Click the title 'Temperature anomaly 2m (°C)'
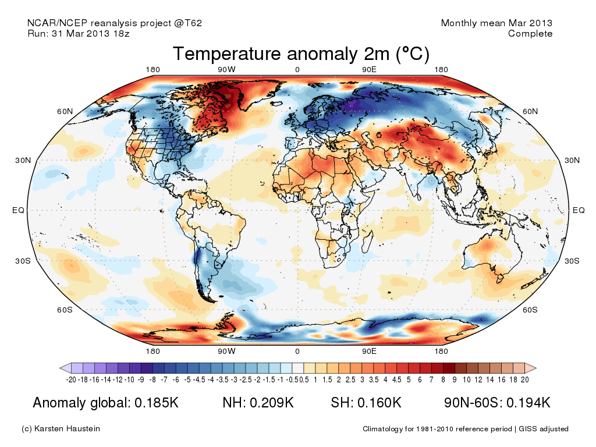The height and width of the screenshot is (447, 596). (x=301, y=54)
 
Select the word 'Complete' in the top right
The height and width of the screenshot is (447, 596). (x=530, y=34)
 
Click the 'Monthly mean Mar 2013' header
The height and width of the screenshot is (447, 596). (x=496, y=23)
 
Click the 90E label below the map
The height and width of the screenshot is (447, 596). (x=370, y=351)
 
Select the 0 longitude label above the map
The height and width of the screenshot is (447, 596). (x=297, y=70)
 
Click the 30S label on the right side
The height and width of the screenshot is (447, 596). (x=573, y=261)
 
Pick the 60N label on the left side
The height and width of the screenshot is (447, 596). (x=65, y=111)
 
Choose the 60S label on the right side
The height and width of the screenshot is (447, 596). (x=530, y=310)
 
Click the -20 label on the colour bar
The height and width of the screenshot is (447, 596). (x=72, y=379)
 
